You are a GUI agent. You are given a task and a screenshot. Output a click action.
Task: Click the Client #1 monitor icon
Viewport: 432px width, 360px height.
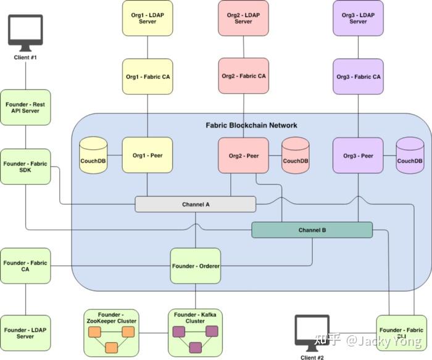click(x=25, y=33)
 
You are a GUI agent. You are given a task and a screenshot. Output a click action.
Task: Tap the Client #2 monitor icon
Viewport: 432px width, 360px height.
click(x=312, y=333)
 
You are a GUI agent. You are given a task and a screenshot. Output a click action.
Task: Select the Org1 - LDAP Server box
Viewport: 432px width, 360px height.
click(x=147, y=18)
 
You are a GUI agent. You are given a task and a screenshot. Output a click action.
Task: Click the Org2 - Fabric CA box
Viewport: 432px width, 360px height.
click(x=244, y=76)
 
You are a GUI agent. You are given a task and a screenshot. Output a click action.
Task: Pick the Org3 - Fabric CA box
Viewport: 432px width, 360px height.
click(x=358, y=76)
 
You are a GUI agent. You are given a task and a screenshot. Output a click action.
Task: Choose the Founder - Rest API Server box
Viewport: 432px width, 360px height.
click(x=25, y=107)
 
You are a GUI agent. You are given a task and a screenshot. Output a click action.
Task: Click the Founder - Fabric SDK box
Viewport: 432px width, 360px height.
click(x=25, y=167)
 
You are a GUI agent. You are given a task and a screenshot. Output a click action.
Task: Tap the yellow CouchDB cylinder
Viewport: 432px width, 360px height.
click(x=93, y=155)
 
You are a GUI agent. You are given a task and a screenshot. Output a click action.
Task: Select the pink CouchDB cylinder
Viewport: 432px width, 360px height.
click(x=296, y=155)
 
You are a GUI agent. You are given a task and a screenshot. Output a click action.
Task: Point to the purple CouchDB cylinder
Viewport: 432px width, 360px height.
click(x=410, y=155)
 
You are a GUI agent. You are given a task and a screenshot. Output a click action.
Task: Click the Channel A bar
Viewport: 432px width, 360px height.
click(x=196, y=204)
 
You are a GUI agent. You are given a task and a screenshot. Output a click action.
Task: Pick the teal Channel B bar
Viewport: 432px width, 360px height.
click(x=312, y=230)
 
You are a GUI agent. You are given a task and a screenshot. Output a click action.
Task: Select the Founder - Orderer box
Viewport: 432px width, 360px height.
click(x=196, y=266)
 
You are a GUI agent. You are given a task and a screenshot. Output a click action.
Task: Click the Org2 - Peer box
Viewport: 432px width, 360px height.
click(x=244, y=155)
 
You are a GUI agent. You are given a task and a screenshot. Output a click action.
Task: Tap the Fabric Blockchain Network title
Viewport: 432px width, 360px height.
click(x=252, y=125)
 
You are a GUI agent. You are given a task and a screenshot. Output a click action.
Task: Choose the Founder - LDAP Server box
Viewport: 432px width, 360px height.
click(x=25, y=333)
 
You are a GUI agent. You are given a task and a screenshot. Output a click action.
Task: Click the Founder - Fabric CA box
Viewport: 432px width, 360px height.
click(x=25, y=266)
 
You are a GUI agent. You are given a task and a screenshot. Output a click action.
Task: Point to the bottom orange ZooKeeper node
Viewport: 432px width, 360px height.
click(x=112, y=348)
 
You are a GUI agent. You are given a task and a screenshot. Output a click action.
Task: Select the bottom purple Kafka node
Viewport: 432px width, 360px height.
click(x=196, y=347)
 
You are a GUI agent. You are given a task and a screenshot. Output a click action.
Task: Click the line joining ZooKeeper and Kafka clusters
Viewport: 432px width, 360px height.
click(x=154, y=333)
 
